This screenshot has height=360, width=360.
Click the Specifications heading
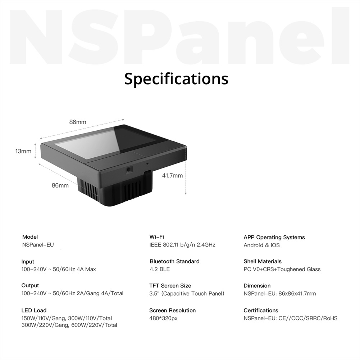point(176,78)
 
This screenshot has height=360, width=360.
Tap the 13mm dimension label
point(23,151)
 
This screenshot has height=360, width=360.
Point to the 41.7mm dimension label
point(172,176)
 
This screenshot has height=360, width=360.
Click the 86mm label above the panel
point(78,122)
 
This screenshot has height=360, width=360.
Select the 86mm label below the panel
point(60,185)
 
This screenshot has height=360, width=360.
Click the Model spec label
point(30,237)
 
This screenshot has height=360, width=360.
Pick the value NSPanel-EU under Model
point(38,244)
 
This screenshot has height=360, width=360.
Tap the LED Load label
point(34,310)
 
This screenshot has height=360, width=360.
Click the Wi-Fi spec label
point(157,237)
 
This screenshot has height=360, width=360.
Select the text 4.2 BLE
point(160,269)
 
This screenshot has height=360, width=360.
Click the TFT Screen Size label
point(170,286)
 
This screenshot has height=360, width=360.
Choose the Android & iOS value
point(262,245)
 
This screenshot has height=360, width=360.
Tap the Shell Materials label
point(263,261)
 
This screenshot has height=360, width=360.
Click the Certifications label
point(261,310)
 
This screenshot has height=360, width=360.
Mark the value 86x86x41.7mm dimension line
point(280,293)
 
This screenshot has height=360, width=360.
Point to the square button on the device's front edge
point(129,170)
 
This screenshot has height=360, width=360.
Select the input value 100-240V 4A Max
point(59,269)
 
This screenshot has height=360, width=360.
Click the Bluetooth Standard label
point(174,261)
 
